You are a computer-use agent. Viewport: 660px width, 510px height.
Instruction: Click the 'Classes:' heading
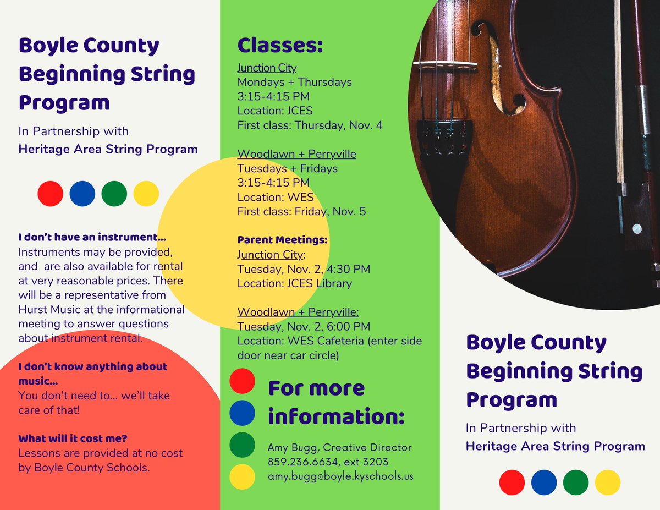(280, 46)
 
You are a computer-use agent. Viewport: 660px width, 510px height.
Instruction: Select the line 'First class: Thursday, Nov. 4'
(310, 125)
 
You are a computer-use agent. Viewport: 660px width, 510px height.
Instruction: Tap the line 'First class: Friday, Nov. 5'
(301, 211)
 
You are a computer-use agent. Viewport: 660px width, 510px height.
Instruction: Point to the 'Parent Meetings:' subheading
(282, 240)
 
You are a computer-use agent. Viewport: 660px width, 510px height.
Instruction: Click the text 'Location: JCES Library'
(294, 284)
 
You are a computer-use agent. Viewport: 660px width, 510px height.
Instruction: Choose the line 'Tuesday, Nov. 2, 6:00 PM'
(304, 327)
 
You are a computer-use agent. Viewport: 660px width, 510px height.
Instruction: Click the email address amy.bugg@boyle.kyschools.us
(340, 476)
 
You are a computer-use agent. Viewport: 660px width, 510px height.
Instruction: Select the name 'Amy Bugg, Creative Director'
(339, 448)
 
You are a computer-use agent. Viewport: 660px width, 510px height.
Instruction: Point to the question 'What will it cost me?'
(73, 438)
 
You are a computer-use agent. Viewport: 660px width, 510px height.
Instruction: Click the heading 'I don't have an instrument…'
(92, 238)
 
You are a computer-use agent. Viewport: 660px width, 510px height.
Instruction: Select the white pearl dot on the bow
(637, 228)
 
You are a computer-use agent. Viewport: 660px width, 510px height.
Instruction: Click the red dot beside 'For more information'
(242, 381)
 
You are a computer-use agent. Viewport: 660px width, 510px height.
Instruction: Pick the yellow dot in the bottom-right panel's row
(608, 482)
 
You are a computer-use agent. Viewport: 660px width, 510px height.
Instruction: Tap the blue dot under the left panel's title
(82, 194)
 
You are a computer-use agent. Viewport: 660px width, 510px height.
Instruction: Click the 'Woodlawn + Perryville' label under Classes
(296, 154)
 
